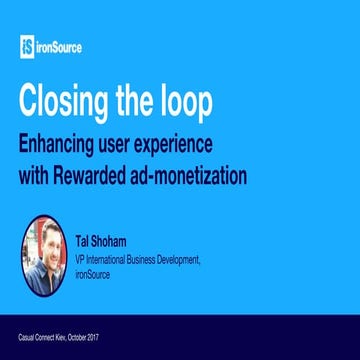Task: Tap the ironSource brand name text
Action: [x=63, y=45]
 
